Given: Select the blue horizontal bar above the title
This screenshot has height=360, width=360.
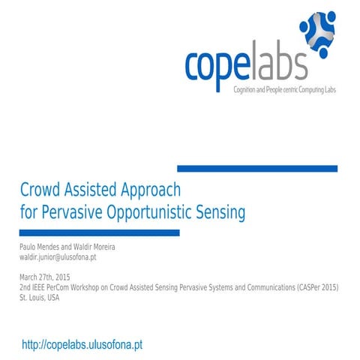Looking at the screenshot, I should click(x=256, y=168).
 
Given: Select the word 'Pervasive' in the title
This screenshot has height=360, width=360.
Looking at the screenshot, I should click(x=71, y=212).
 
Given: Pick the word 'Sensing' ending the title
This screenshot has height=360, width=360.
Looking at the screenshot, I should click(x=223, y=212).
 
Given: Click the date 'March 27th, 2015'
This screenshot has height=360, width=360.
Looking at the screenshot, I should click(x=46, y=277).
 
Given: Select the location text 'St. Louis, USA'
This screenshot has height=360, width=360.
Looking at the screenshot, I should click(x=39, y=297).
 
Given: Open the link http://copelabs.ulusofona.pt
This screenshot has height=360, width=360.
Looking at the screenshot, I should click(x=82, y=344).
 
